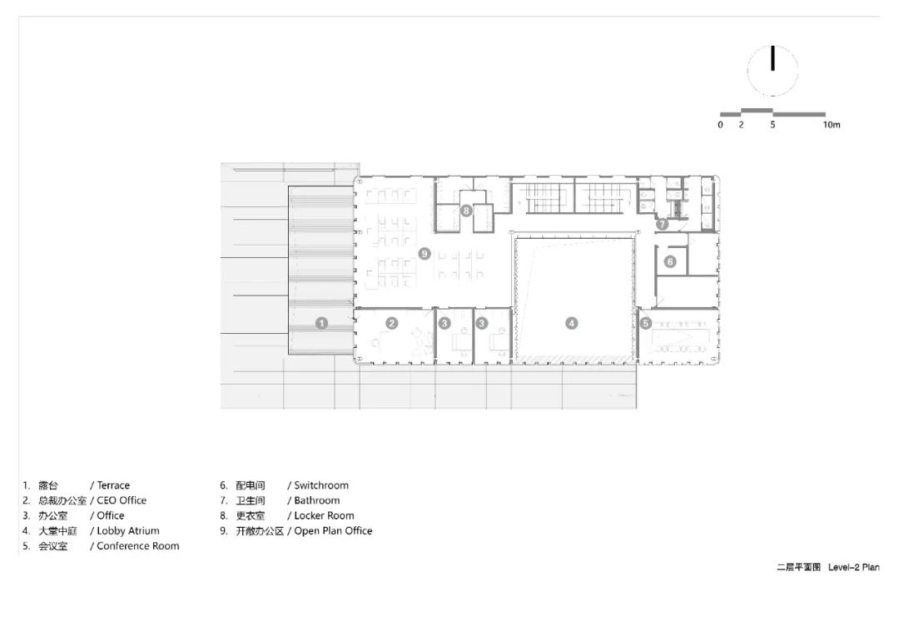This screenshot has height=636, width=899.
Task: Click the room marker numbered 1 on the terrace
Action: (322, 323)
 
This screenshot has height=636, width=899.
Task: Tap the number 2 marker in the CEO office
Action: (391, 323)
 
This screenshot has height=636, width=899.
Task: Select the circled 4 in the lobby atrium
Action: (572, 323)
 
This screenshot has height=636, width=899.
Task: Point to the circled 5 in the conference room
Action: (646, 323)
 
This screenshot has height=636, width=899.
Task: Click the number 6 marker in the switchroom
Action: (670, 261)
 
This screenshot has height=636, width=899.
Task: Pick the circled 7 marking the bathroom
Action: (663, 224)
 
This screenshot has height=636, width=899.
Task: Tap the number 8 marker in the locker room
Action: (466, 211)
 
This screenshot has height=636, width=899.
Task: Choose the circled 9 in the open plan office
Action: (425, 253)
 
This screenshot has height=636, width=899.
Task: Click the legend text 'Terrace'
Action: (113, 485)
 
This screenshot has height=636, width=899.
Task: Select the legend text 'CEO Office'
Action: (122, 500)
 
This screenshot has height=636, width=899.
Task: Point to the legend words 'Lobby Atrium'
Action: (128, 530)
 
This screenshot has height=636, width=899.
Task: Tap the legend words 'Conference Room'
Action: (138, 546)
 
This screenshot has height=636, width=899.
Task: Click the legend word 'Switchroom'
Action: (321, 485)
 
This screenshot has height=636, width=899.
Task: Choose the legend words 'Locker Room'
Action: (324, 515)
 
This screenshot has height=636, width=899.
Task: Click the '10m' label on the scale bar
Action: (831, 125)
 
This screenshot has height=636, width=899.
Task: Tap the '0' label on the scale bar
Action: (721, 125)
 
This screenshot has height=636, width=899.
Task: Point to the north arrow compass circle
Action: (772, 70)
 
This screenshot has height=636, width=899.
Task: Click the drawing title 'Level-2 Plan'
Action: (853, 567)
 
